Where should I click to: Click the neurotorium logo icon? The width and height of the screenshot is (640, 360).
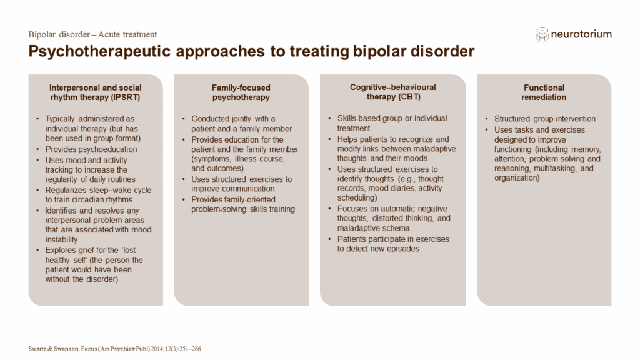coord(542,34)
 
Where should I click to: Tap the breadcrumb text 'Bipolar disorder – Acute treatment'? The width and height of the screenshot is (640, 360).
coord(92,34)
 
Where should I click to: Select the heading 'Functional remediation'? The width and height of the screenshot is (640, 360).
coord(544,92)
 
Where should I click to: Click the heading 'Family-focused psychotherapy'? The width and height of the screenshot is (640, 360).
coord(241,92)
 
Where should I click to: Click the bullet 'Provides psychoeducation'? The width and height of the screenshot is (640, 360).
coord(91,149)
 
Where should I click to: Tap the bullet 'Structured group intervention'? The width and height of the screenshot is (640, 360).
coord(545,119)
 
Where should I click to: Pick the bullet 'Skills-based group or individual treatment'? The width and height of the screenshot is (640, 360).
coord(392,123)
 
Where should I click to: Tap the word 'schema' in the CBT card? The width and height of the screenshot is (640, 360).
coord(382,228)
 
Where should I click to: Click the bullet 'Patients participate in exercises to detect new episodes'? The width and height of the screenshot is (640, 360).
coord(393,244)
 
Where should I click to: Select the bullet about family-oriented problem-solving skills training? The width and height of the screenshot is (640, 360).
coord(242,204)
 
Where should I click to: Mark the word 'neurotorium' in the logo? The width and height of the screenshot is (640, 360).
coord(582,34)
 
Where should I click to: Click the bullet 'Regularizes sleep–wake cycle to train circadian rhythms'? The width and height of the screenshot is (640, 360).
coord(98,195)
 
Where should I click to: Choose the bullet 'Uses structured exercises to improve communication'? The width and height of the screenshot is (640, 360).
coord(241,184)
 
